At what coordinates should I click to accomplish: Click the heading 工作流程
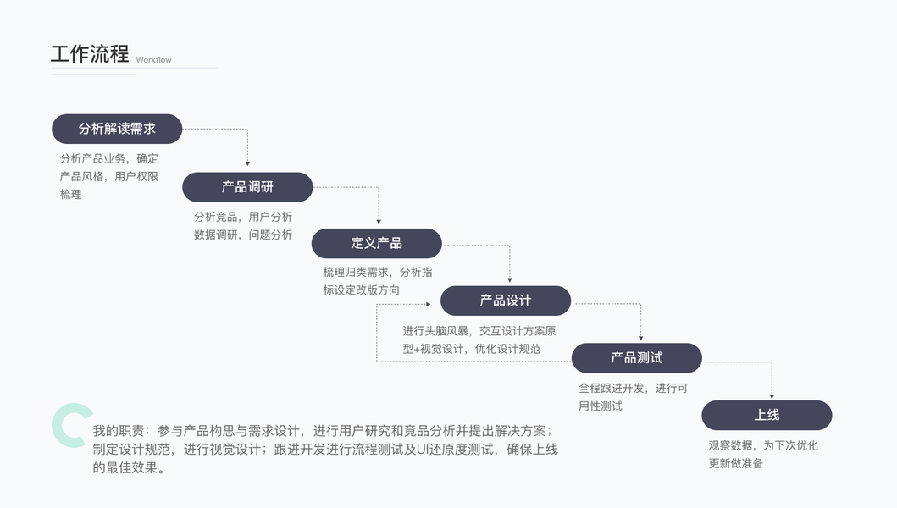90,54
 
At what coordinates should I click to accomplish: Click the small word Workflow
153,59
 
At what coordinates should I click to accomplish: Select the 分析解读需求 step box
117,129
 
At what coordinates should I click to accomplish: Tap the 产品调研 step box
247,187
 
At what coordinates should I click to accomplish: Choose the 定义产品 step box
376,243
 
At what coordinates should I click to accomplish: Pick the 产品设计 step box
506,301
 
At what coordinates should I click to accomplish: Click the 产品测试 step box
637,357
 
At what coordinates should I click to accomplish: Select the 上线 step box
767,415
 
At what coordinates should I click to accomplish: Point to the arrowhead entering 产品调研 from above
247,163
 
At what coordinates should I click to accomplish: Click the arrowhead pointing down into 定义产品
379,221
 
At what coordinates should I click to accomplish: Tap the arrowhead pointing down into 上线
772,396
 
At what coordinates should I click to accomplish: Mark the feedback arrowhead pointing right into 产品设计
428,304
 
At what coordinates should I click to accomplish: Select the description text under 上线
763,454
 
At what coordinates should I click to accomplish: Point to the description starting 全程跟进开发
633,397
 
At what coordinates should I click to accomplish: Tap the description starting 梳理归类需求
378,281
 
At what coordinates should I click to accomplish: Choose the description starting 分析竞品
243,225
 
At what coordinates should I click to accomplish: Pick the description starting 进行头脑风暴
479,340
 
